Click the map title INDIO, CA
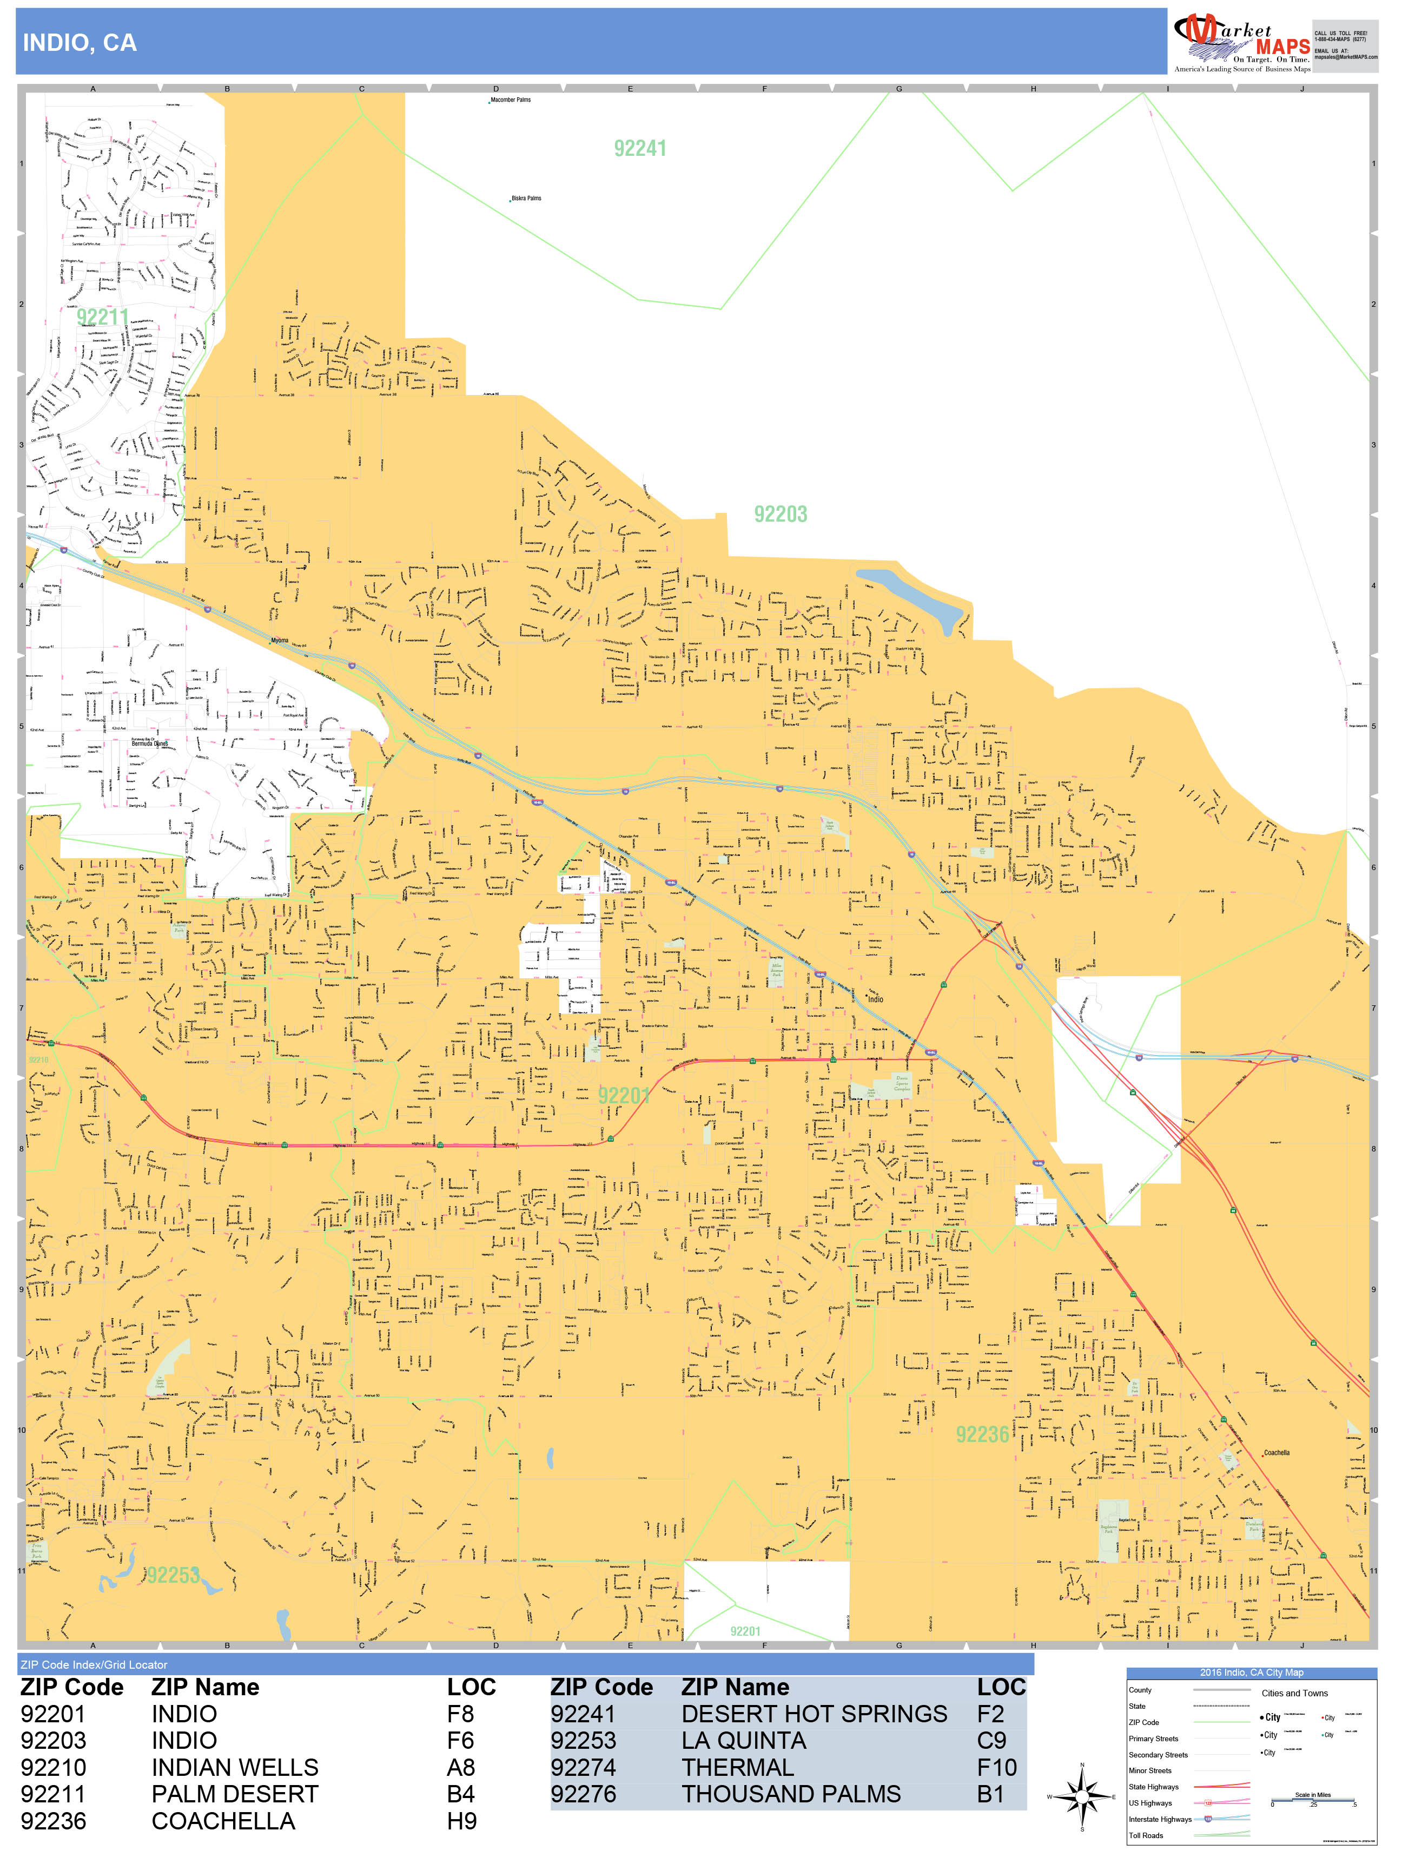pos(80,43)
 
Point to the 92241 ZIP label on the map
pos(640,149)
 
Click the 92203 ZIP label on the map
pos(780,514)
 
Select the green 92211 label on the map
pos(102,317)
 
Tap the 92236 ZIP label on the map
pos(982,1434)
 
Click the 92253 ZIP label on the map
pos(173,1575)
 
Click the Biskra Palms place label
pos(526,199)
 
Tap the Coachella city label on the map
pos(1276,1453)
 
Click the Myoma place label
pos(279,641)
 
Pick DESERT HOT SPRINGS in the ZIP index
pos(814,1714)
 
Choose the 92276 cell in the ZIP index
pos(583,1794)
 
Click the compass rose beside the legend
pos(1082,1796)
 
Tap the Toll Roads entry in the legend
pos(1146,1835)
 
